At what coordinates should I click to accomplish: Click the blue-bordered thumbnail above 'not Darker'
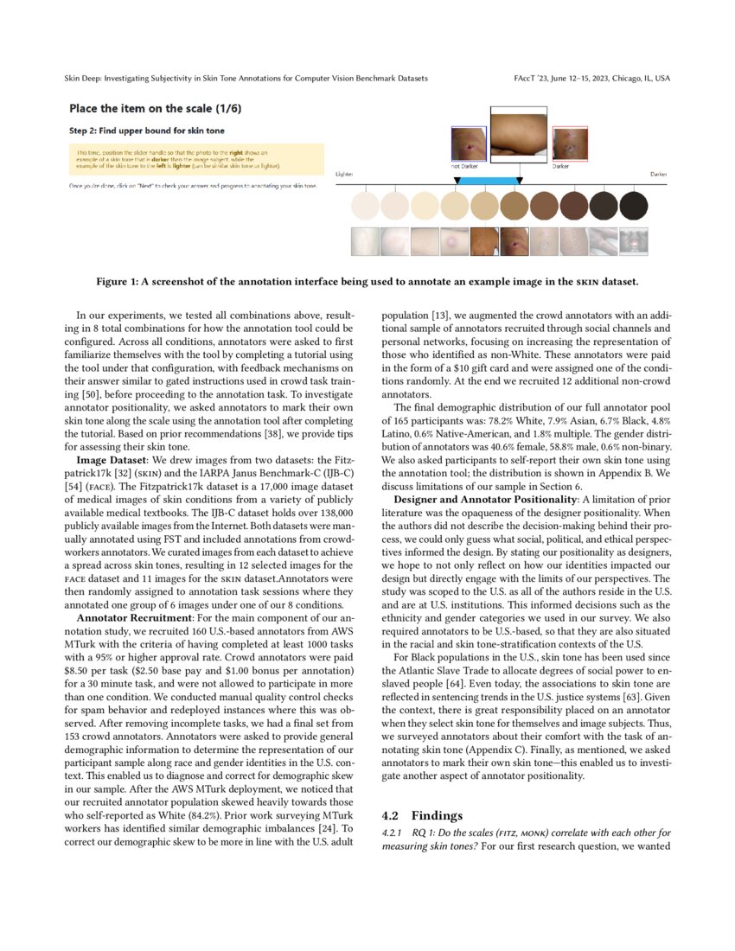click(x=469, y=144)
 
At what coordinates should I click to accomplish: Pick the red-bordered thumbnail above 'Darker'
click(x=570, y=144)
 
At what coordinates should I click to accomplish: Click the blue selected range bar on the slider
click(x=487, y=180)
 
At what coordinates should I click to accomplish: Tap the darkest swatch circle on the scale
click(x=633, y=207)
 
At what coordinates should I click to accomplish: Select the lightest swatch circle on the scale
click(x=365, y=207)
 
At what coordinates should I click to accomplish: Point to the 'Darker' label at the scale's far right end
click(x=658, y=174)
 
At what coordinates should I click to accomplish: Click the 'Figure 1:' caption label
click(x=119, y=281)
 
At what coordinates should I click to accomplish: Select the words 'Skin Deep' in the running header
click(x=84, y=79)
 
